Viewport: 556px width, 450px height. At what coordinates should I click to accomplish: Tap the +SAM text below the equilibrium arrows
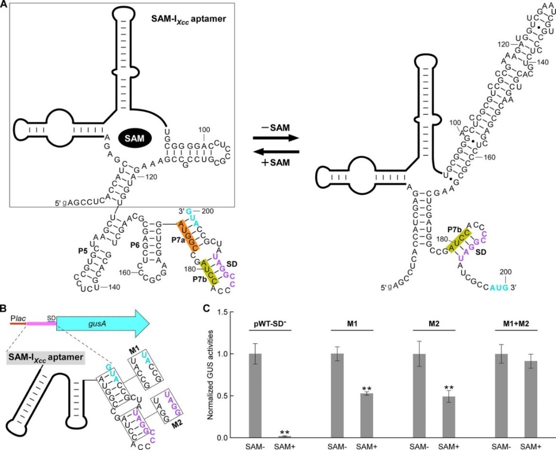[x=275, y=164]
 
